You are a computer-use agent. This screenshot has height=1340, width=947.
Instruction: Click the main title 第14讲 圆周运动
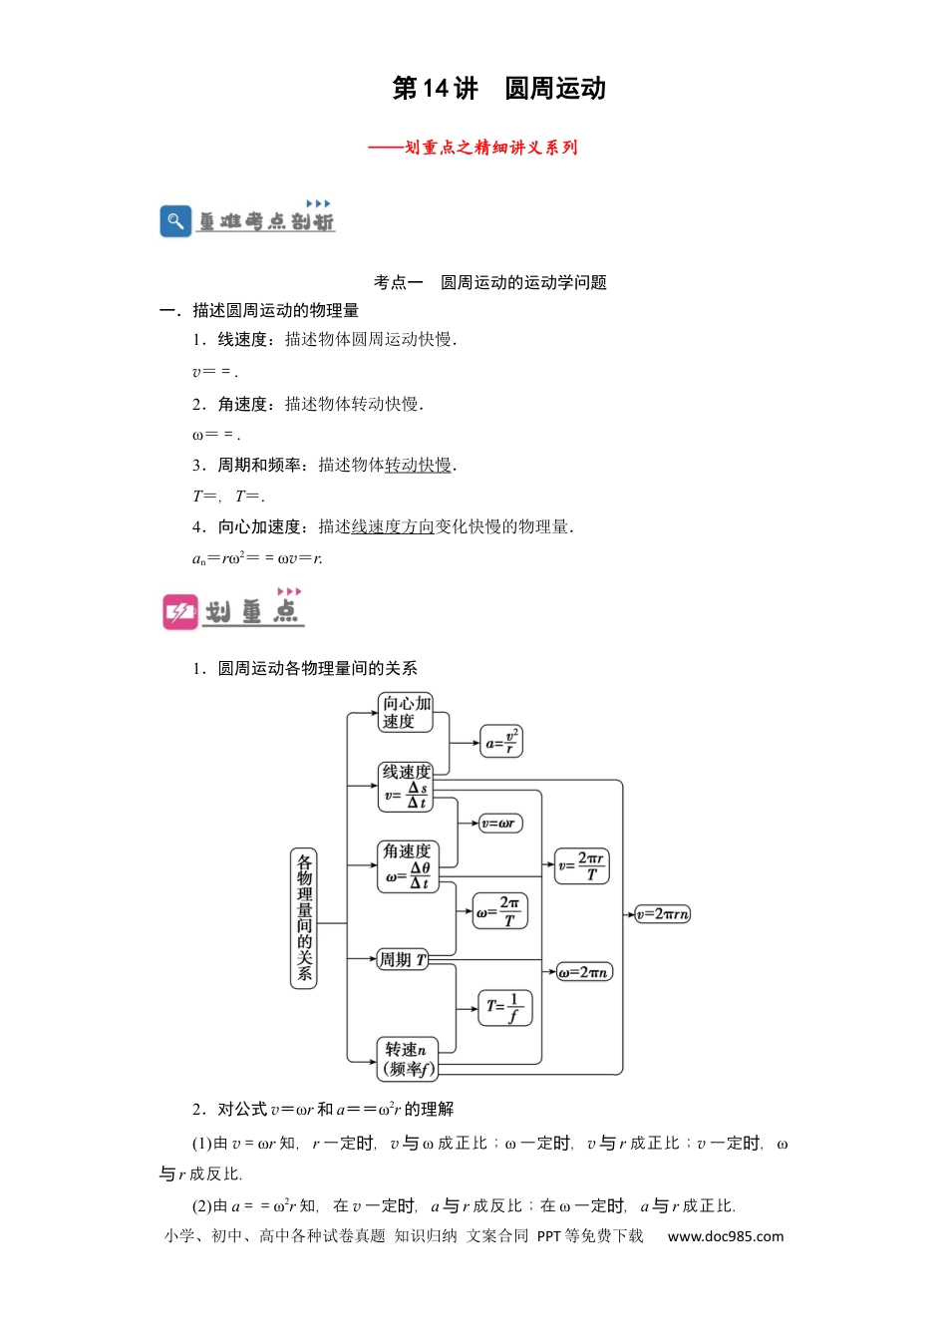click(499, 89)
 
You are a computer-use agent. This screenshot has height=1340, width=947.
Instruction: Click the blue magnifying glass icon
click(175, 221)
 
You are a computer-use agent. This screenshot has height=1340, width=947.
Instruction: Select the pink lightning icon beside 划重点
click(180, 612)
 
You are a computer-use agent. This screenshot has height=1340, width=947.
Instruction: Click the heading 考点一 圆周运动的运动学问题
click(490, 282)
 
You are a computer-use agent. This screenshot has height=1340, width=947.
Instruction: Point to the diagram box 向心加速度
click(406, 713)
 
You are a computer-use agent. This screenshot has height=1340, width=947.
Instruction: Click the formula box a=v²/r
click(501, 742)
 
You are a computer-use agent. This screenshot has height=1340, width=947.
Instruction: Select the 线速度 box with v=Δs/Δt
click(406, 788)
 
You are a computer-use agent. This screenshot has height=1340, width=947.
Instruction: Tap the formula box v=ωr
click(500, 824)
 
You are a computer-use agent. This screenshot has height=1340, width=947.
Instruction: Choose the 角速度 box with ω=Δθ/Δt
click(408, 866)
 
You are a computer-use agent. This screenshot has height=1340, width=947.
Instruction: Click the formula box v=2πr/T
click(582, 865)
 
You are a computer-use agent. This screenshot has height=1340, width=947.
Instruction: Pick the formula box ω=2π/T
click(500, 911)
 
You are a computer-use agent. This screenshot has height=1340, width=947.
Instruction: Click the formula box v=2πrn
click(662, 914)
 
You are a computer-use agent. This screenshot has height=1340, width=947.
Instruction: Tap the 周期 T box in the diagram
click(403, 959)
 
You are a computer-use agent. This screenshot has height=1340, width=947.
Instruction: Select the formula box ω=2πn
click(584, 972)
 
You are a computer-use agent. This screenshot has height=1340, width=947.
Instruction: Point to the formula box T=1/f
click(505, 1008)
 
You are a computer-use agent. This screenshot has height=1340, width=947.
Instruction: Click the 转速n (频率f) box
click(408, 1060)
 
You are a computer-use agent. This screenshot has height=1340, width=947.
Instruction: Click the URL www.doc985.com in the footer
click(726, 1236)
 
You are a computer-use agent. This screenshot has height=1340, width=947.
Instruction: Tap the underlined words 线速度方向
click(393, 526)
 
